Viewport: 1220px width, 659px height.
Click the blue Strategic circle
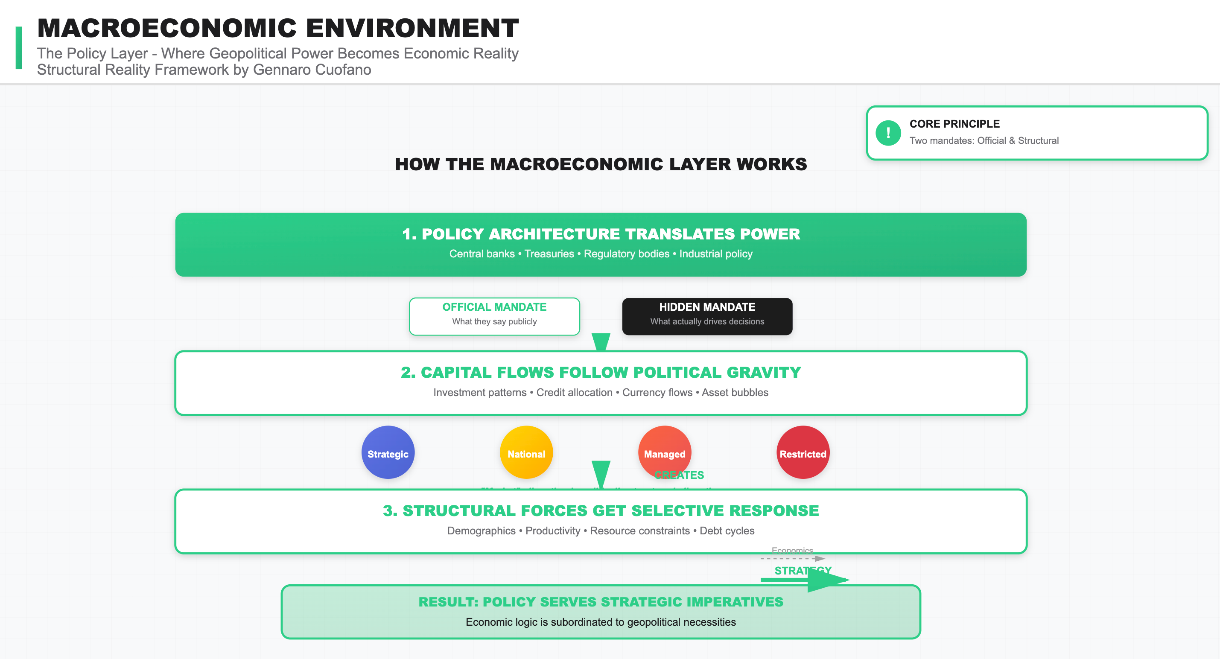388,452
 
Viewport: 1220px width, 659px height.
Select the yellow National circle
526,452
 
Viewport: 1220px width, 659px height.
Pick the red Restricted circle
803,452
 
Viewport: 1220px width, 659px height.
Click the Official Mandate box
494,316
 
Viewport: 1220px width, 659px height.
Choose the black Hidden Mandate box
706,316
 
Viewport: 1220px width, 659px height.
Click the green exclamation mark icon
888,133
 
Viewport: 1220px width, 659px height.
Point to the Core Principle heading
954,124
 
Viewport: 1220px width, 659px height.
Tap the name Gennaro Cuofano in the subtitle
312,70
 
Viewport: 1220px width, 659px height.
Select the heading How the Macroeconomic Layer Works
601,164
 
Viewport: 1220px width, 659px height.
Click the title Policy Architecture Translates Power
601,234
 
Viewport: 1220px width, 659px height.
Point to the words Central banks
482,254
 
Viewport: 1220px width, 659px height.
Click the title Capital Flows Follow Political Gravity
601,373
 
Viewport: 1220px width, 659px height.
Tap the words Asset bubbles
735,393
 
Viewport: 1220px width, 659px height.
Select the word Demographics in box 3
481,531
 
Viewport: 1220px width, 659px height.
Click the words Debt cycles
727,531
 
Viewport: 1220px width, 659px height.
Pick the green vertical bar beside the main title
19,48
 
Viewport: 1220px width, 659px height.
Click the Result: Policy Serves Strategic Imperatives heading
601,602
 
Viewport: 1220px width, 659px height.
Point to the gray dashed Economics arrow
792,559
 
